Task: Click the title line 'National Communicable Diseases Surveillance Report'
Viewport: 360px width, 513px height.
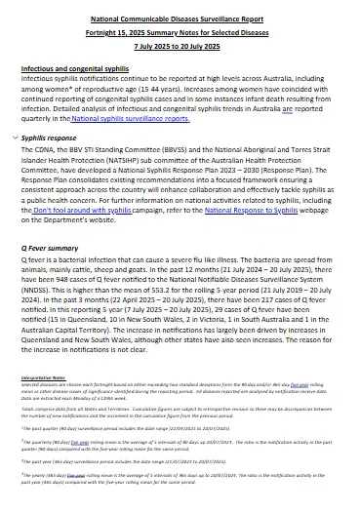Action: coord(180,18)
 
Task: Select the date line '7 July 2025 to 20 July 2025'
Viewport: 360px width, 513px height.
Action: coord(180,46)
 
